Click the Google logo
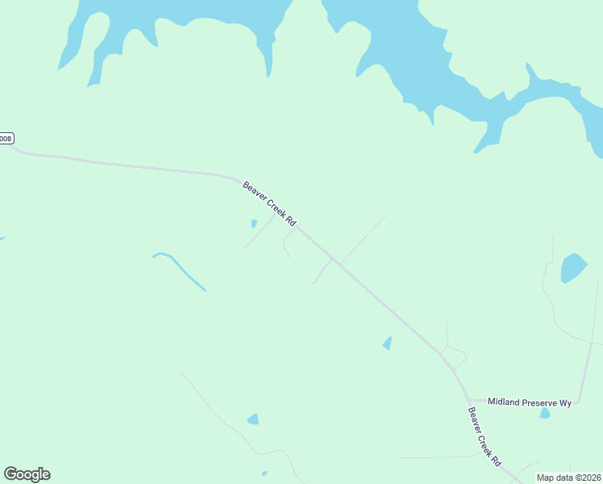[27, 474]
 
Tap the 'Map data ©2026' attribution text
[568, 478]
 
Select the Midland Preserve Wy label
[530, 402]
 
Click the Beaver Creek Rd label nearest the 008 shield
[270, 203]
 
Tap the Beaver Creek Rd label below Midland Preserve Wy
[485, 436]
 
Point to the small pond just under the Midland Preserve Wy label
[545, 414]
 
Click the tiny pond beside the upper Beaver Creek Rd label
[254, 223]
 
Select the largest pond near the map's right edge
[573, 267]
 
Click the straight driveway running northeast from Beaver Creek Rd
[363, 239]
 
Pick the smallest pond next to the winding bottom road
[264, 474]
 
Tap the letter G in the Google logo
[10, 474]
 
